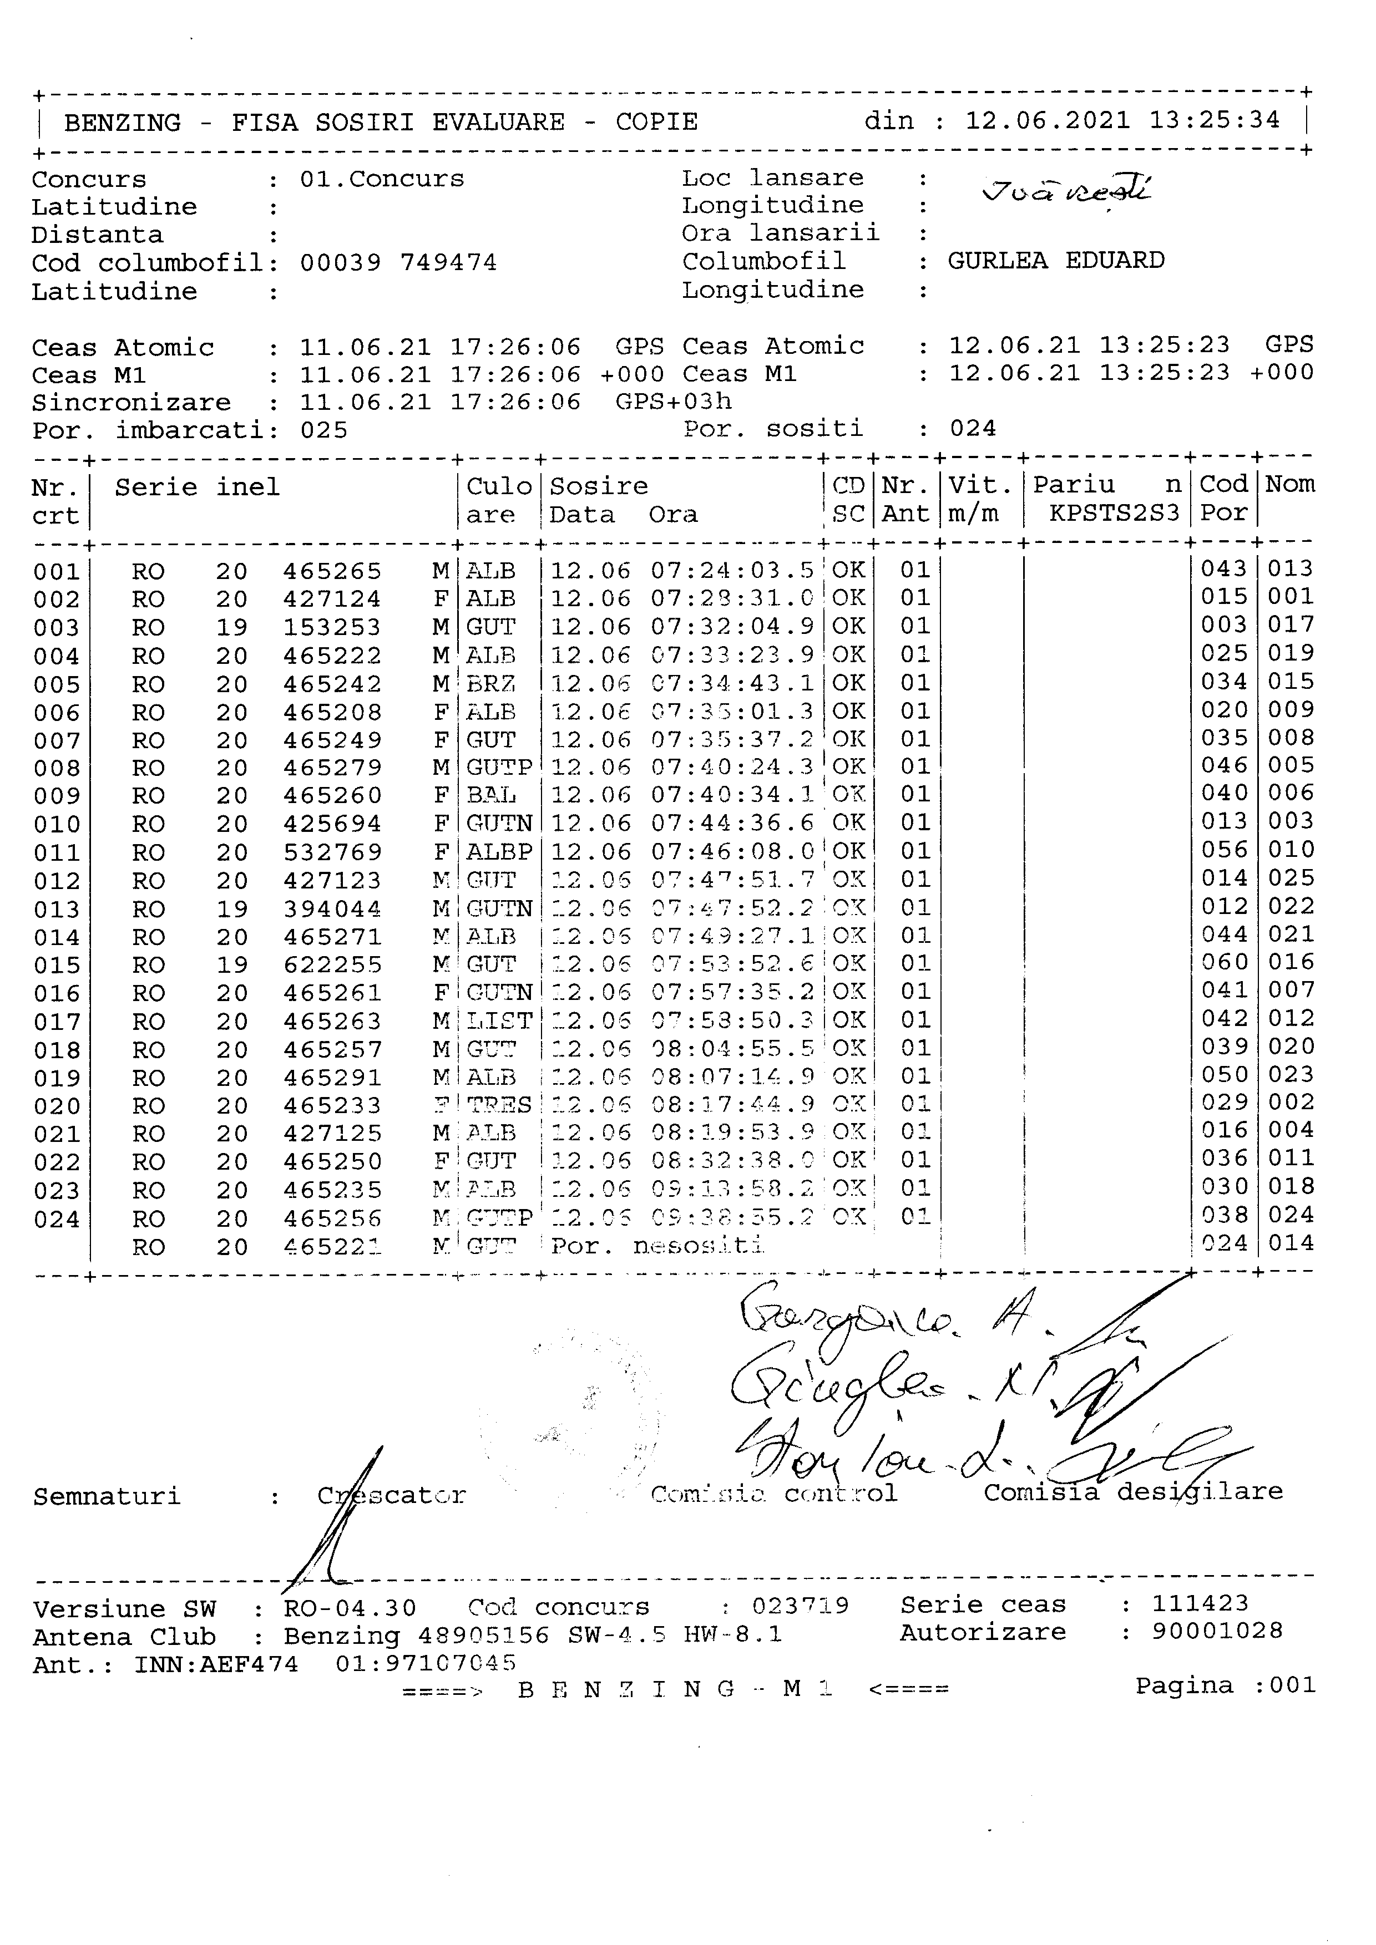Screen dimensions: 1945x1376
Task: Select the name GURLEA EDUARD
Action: coord(1056,260)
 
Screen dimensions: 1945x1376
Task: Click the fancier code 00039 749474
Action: coord(398,263)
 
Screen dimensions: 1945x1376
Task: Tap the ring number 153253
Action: coord(332,628)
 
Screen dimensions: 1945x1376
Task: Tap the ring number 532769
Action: coord(332,852)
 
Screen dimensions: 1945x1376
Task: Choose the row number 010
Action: coord(57,824)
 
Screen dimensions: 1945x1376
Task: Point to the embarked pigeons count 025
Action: coord(323,430)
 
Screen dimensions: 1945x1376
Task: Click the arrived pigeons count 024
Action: coord(973,429)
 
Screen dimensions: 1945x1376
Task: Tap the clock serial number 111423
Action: coord(1200,1603)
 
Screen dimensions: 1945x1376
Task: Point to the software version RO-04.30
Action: coord(350,1608)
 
